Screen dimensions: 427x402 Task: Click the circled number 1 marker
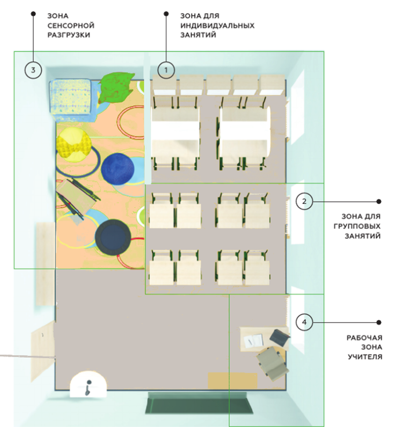pyautogui.click(x=167, y=69)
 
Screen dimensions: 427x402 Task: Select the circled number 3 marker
pyautogui.click(x=33, y=69)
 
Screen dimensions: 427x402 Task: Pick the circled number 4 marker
pyautogui.click(x=304, y=322)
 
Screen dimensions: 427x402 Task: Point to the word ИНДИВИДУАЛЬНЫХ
pyautogui.click(x=217, y=25)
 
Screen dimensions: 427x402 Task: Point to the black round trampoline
pyautogui.click(x=113, y=236)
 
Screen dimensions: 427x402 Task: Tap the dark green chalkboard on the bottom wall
pyautogui.click(x=198, y=403)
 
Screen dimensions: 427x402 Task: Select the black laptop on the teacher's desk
pyautogui.click(x=280, y=337)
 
